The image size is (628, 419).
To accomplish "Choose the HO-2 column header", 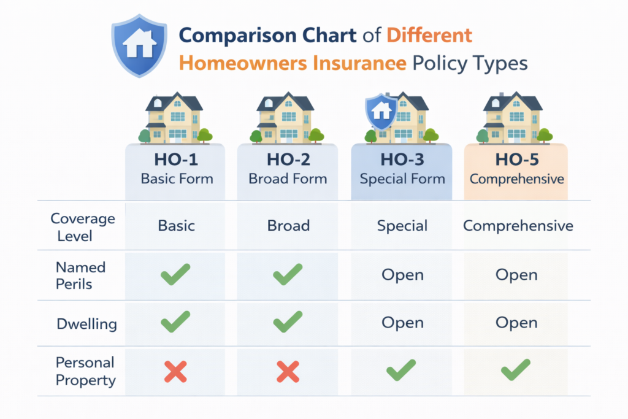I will click(288, 169).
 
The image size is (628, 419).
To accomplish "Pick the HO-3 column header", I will click(401, 169).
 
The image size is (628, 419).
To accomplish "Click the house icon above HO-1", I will click(174, 118).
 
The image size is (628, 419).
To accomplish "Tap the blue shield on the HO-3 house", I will click(381, 111).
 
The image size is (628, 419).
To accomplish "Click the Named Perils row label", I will click(80, 275).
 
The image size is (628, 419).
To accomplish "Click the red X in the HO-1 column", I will click(175, 371).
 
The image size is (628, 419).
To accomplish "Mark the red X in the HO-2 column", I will click(288, 371).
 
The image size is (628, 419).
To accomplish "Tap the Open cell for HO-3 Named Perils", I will click(402, 275).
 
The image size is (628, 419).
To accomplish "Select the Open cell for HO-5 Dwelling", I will click(516, 323).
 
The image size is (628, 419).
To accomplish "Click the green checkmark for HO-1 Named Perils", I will click(175, 274).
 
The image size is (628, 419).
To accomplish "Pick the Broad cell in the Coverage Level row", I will click(288, 226).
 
